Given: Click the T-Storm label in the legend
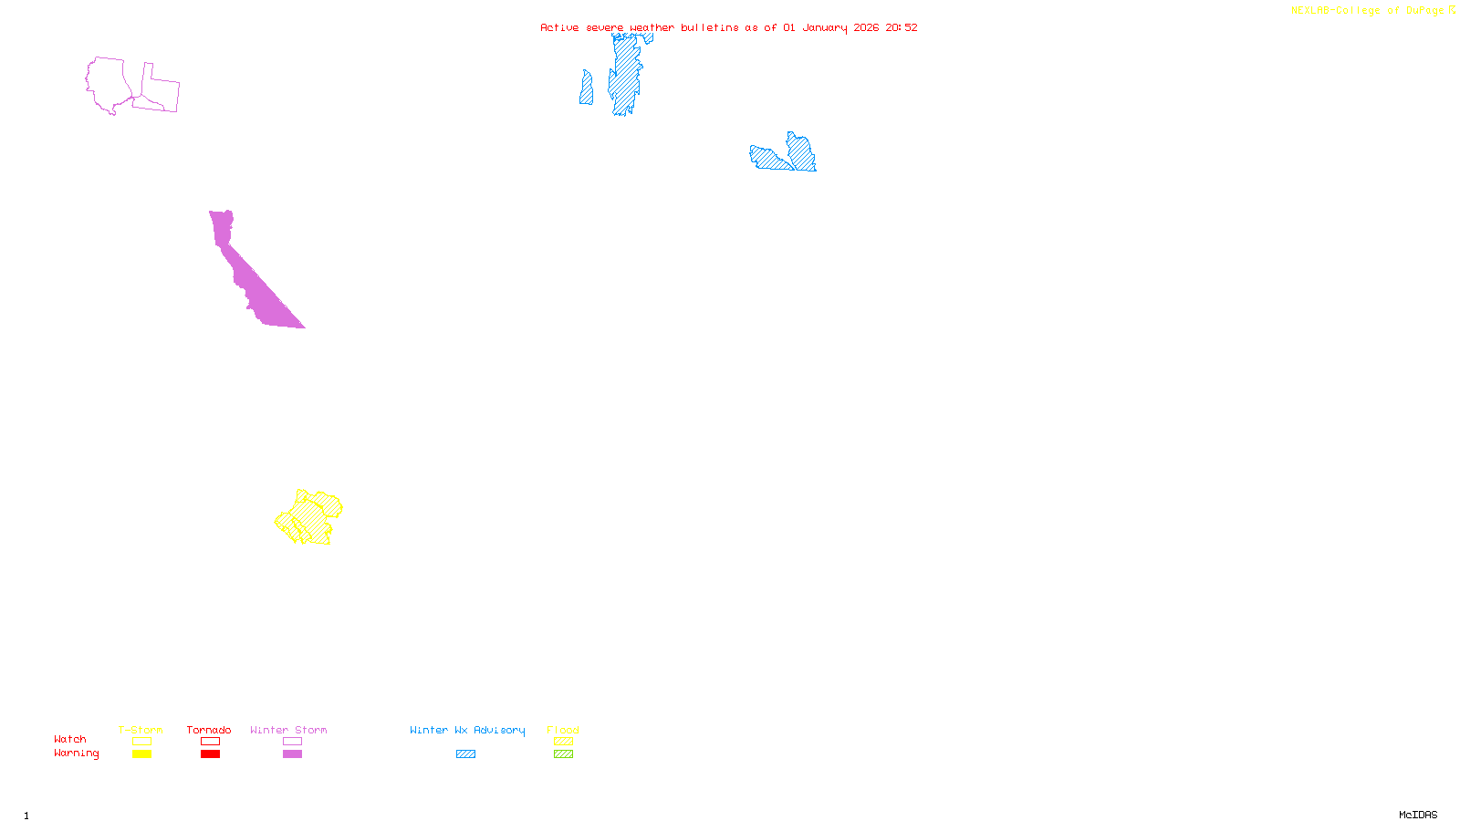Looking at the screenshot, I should click(x=141, y=730).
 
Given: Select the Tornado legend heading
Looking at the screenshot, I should click(x=209, y=730).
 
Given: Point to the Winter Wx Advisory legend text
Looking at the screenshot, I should click(x=467, y=730).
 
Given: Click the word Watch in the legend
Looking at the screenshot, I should click(x=70, y=739).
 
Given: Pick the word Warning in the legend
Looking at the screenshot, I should click(x=76, y=753).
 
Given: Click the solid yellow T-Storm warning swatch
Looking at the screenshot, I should click(x=141, y=754).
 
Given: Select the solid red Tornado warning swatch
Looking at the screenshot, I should click(x=210, y=754).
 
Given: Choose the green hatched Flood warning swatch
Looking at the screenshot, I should click(x=563, y=754).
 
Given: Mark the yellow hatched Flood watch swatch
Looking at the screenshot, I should click(x=563, y=742).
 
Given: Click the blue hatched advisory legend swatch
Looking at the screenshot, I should click(x=465, y=754).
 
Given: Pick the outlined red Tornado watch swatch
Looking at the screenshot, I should click(x=210, y=742).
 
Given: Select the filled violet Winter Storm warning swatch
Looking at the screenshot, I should click(x=292, y=754).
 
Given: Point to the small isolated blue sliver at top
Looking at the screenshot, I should click(x=586, y=89).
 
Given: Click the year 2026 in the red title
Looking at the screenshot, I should click(x=867, y=27).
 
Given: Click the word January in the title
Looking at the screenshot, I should click(x=825, y=27).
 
